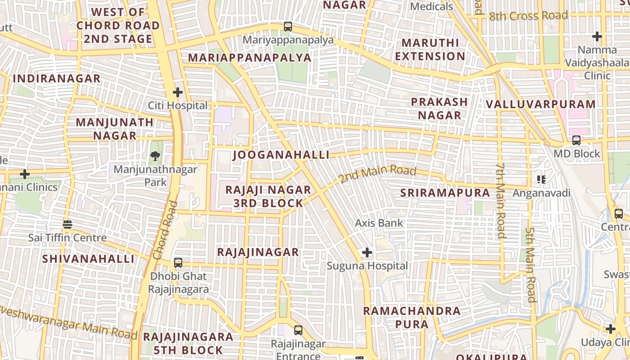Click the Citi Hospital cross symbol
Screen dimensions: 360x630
178,93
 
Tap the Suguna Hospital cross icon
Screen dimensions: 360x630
367,252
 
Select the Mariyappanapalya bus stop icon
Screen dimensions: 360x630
288,27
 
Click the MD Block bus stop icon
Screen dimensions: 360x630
576,140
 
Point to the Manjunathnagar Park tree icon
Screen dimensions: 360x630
156,156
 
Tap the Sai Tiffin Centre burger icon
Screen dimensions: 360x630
67,224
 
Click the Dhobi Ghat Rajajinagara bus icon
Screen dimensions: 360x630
178,263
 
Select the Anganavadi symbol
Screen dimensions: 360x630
541,180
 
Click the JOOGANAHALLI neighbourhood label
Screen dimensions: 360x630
281,155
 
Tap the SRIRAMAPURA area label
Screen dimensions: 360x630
445,193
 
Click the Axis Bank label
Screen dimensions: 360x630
379,223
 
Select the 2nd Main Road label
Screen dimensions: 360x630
378,174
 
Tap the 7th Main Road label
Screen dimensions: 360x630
500,200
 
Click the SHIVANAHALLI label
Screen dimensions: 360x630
88,259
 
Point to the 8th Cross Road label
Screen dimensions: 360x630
528,16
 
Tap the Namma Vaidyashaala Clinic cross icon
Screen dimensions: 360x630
597,36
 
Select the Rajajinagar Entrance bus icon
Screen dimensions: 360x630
298,330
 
